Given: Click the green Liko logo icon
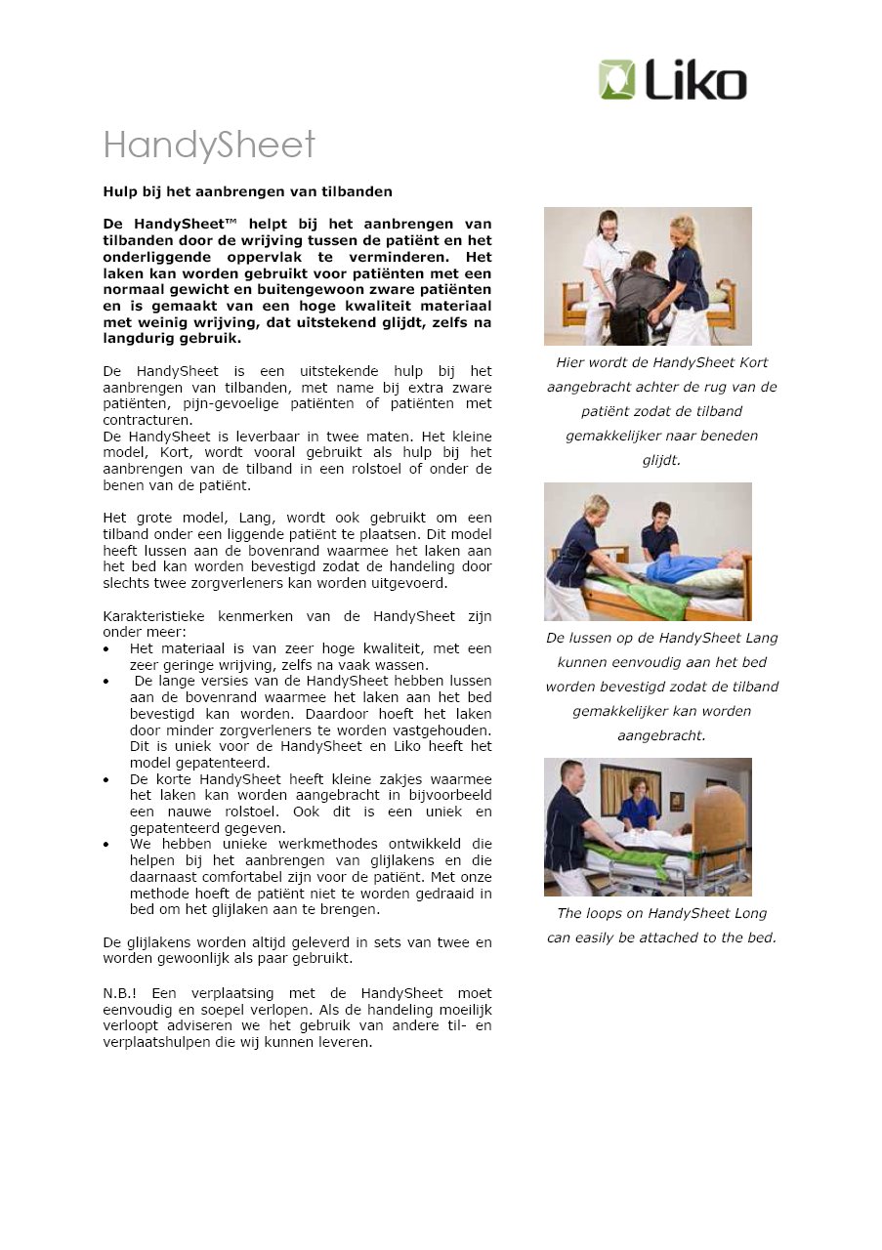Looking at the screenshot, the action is [617, 80].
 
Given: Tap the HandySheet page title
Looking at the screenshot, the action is [209, 146].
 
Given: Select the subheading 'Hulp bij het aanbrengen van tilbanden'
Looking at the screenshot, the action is [248, 190].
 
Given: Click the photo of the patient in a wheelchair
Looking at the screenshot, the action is [648, 275].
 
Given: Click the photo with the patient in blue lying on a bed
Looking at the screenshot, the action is [648, 551].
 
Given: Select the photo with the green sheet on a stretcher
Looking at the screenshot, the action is [648, 826].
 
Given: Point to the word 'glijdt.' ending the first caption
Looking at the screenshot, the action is [661, 460].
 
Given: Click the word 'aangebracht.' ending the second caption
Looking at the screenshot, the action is [661, 735].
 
